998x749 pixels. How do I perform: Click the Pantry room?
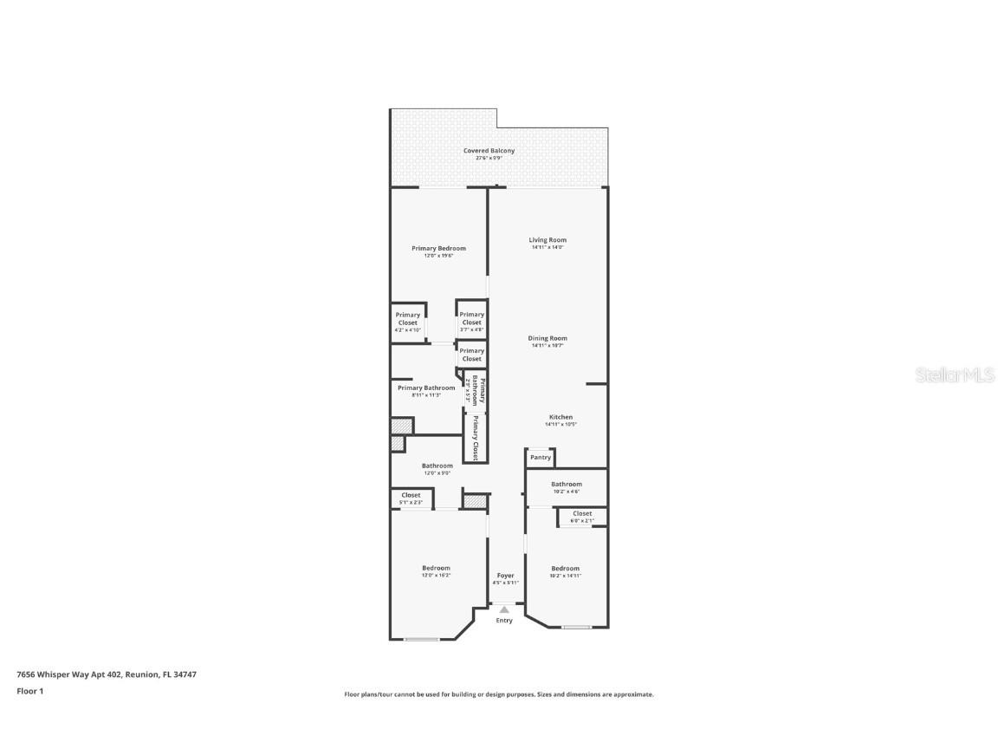pyautogui.click(x=541, y=457)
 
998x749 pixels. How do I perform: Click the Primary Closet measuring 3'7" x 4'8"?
pyautogui.click(x=471, y=318)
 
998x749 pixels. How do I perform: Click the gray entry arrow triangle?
pyautogui.click(x=504, y=610)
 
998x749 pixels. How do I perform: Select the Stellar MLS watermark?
pyautogui.click(x=956, y=375)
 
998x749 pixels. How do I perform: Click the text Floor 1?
pyautogui.click(x=29, y=691)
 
